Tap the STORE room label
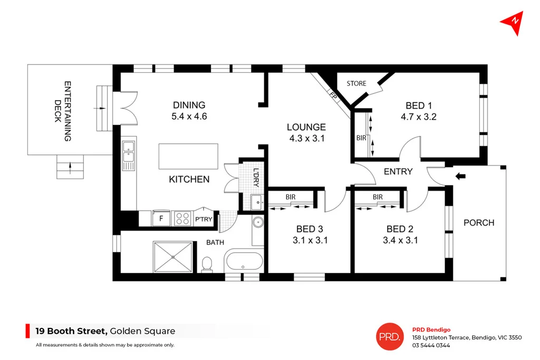(x=356, y=83)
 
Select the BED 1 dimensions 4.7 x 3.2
(x=419, y=118)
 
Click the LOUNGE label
(x=306, y=127)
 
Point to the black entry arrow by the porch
(x=460, y=176)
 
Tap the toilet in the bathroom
(x=207, y=264)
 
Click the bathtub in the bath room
(x=244, y=261)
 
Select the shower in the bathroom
(x=174, y=257)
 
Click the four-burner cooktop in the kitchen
(x=182, y=218)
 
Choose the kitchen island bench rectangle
(x=188, y=157)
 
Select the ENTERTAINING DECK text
(x=62, y=111)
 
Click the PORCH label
(x=478, y=223)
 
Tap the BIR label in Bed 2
(x=378, y=197)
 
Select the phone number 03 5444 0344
(x=431, y=346)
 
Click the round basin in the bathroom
(x=258, y=222)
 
